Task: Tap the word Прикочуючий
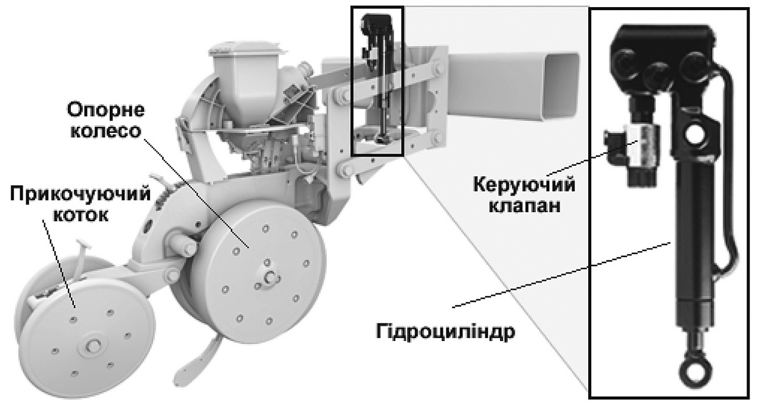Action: coord(79,196)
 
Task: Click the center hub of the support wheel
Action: coord(269,275)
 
